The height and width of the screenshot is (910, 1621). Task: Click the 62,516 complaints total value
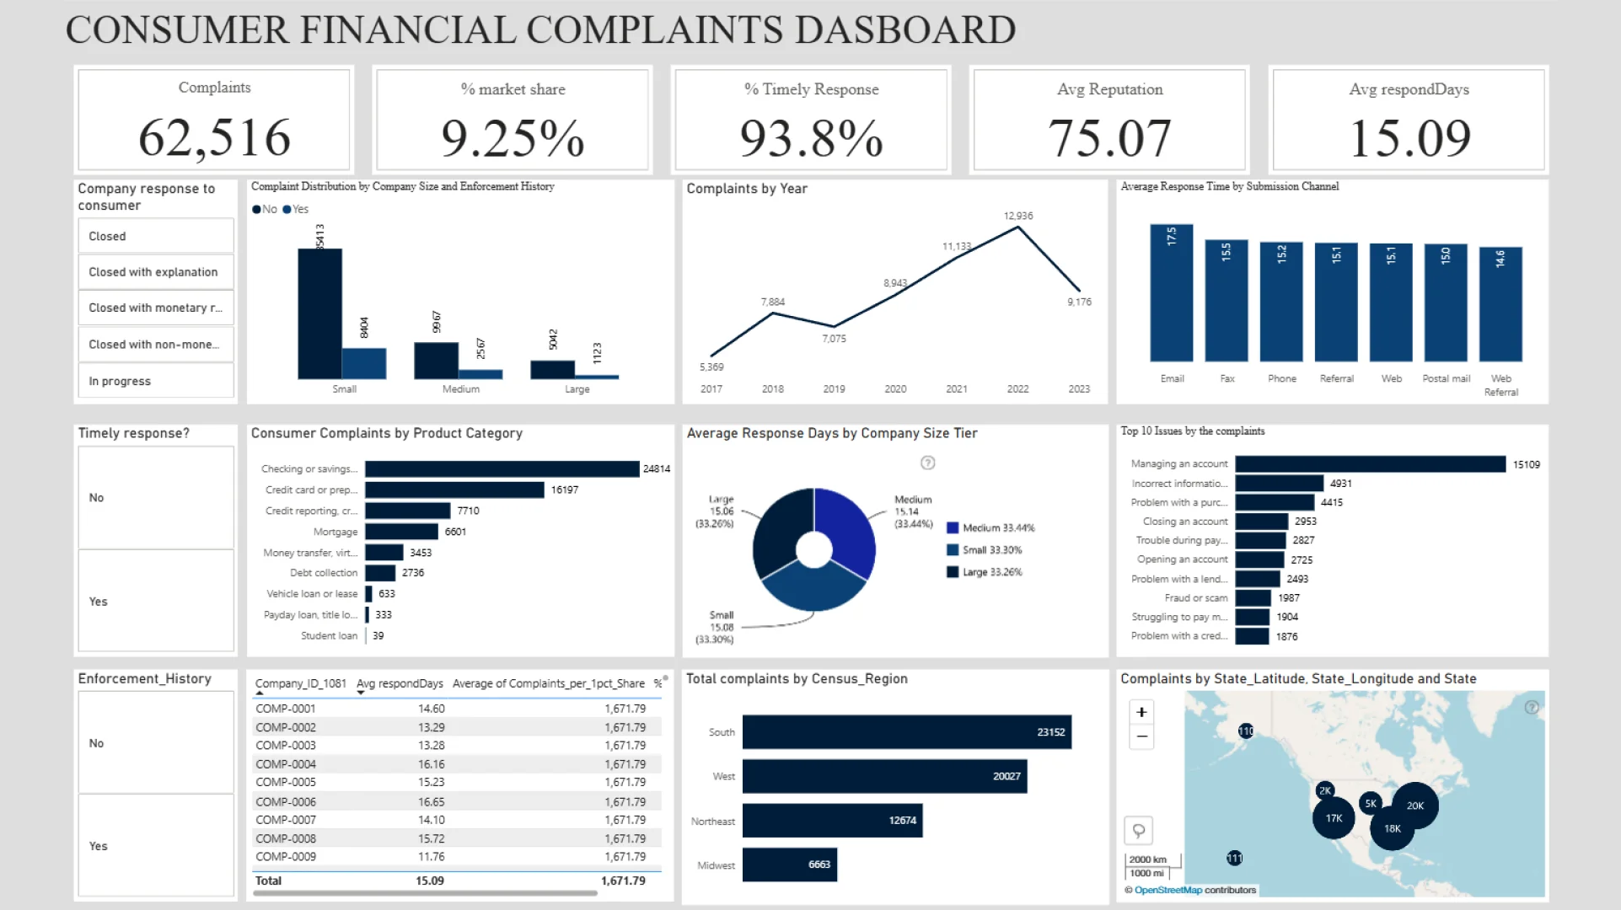coord(214,137)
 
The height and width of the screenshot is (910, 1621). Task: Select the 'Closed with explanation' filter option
coord(153,272)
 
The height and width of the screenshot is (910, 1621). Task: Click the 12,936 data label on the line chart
coord(1017,216)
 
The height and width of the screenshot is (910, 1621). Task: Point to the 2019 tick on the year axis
coord(834,389)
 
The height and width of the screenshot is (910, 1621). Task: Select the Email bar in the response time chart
coord(1171,293)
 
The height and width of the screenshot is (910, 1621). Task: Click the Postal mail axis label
coord(1446,379)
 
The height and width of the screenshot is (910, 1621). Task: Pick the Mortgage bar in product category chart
coord(401,532)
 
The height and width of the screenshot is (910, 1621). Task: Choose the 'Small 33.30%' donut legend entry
coord(991,550)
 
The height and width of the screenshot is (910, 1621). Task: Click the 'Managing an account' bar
coord(1370,464)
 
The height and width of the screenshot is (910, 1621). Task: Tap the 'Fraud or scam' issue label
coord(1195,598)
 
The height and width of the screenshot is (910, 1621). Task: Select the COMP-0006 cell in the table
coord(286,802)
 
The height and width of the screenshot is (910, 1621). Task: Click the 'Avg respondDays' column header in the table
coord(400,683)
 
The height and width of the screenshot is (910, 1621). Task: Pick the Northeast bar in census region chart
coord(832,821)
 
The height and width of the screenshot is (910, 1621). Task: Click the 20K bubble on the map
coord(1414,806)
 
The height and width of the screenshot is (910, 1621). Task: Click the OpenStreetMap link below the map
coord(1167,891)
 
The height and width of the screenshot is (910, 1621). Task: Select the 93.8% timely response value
coord(811,138)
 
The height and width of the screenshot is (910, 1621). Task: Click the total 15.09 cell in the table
coord(429,881)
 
